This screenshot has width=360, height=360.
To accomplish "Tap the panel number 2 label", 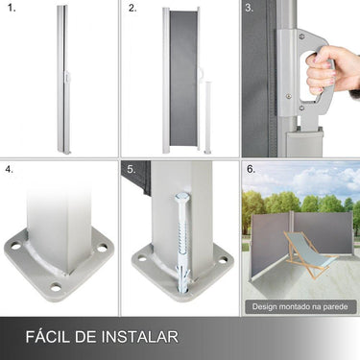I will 132,9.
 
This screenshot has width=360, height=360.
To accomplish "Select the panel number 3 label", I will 250,9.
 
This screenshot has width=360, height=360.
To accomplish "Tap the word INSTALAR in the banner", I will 141,337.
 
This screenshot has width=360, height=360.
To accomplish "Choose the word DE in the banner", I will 90,337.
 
